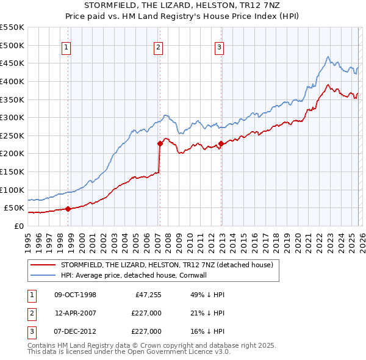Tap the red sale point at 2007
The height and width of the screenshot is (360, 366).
(x=160, y=144)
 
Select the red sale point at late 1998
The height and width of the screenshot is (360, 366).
(x=68, y=209)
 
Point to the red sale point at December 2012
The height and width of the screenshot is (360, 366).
(x=221, y=144)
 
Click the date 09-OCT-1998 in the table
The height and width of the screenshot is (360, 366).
(x=75, y=295)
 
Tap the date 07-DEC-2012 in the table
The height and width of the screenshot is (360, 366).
(x=75, y=331)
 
